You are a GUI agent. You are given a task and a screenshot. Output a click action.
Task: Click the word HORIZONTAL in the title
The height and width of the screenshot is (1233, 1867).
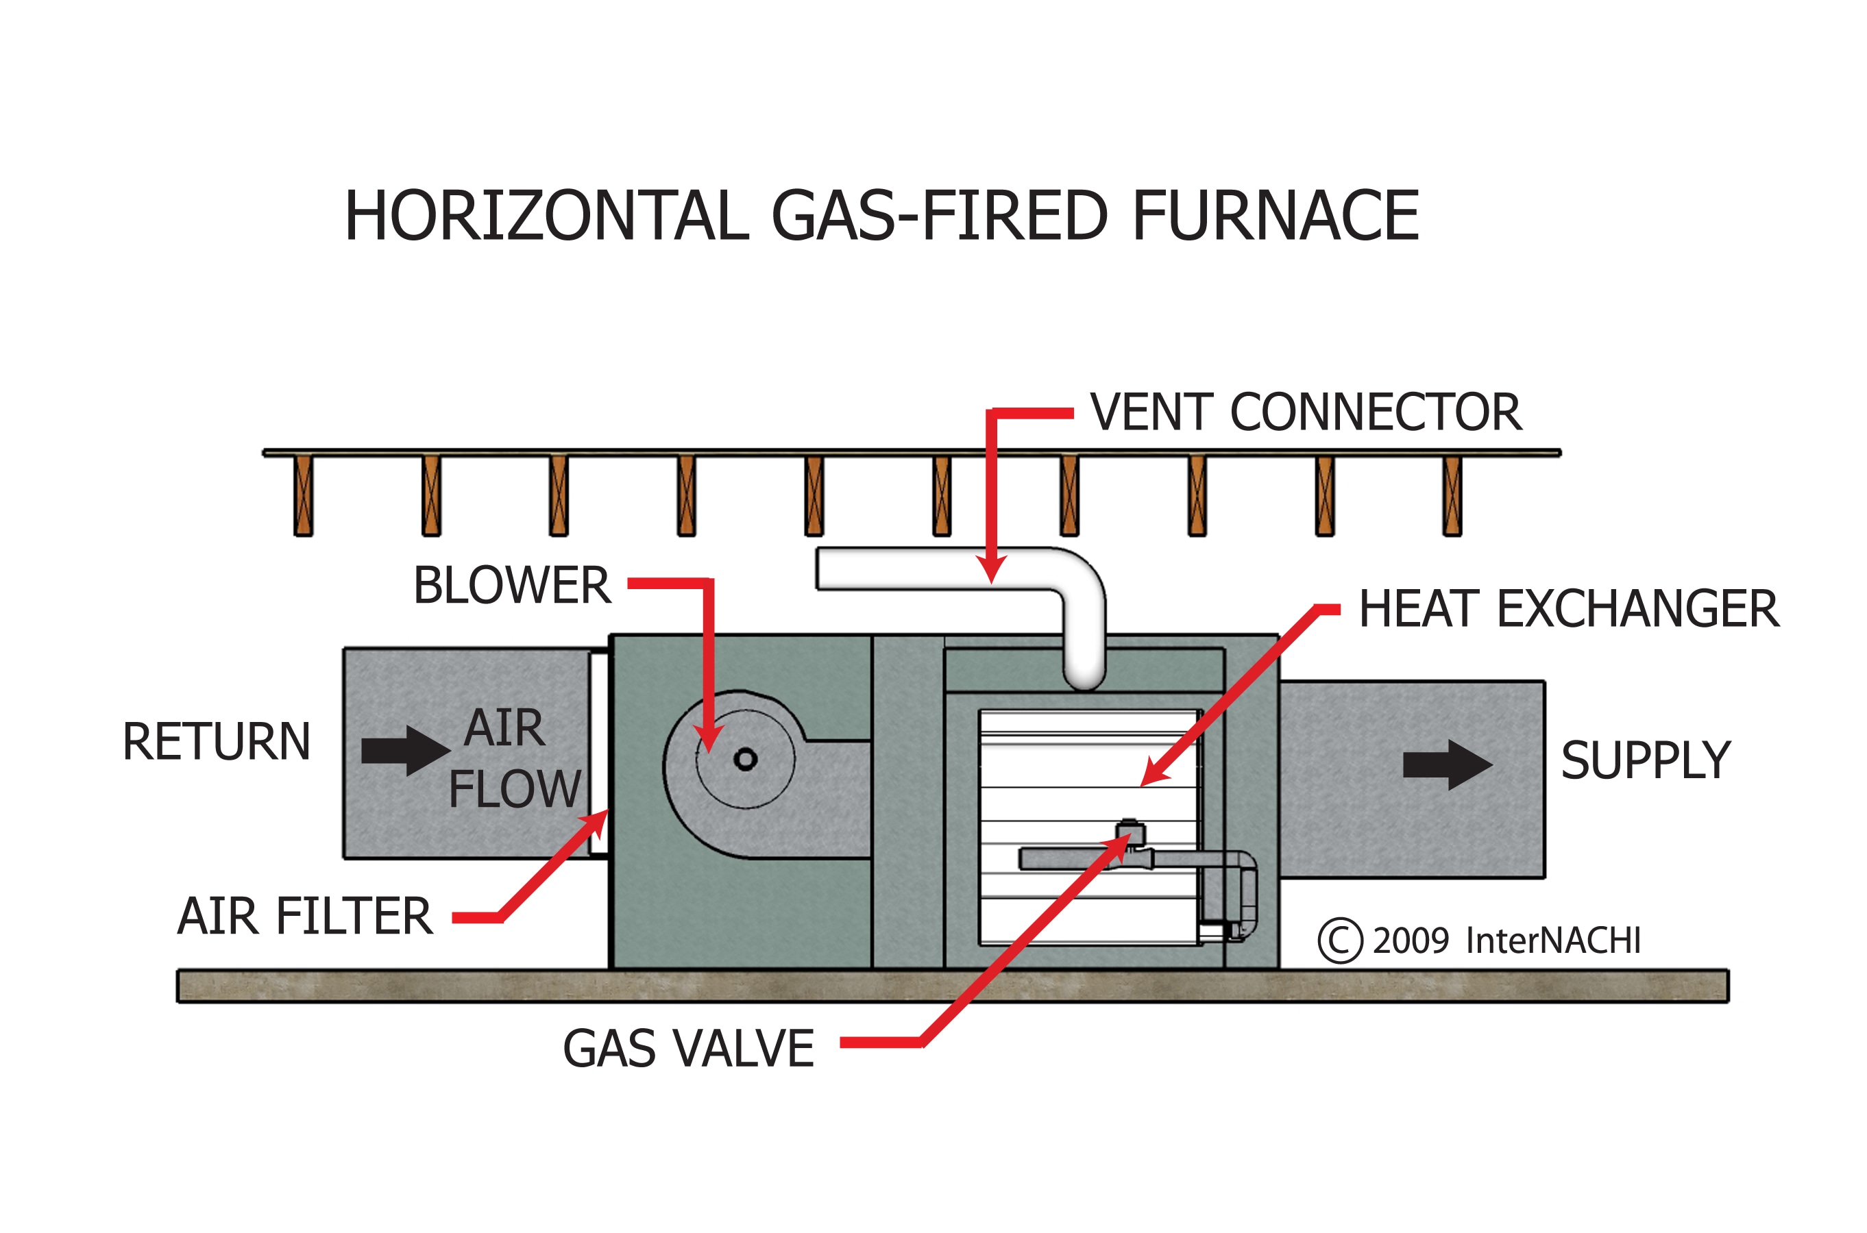coord(547,216)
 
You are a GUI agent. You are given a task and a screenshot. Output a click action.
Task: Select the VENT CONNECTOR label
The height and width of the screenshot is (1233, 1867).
coord(1305,412)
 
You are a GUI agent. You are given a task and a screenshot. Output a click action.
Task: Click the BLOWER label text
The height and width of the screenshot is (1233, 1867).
coord(511,585)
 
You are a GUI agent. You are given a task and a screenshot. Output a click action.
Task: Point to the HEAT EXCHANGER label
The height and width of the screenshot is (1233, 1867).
coord(1569,609)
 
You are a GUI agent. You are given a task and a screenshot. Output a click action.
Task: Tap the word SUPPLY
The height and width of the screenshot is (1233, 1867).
coord(1645,760)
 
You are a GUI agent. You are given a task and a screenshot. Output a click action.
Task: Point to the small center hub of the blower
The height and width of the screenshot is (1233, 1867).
coord(745,760)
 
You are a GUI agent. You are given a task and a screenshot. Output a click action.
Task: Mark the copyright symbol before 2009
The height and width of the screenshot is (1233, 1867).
coord(1340,941)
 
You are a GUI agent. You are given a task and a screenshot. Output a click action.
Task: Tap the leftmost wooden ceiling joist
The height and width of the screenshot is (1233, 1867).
coord(304,496)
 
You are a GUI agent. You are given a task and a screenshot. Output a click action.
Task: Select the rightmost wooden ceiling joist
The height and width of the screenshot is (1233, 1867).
coord(1452,496)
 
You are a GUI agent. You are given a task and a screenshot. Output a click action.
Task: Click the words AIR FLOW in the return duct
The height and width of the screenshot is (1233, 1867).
coord(511,758)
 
